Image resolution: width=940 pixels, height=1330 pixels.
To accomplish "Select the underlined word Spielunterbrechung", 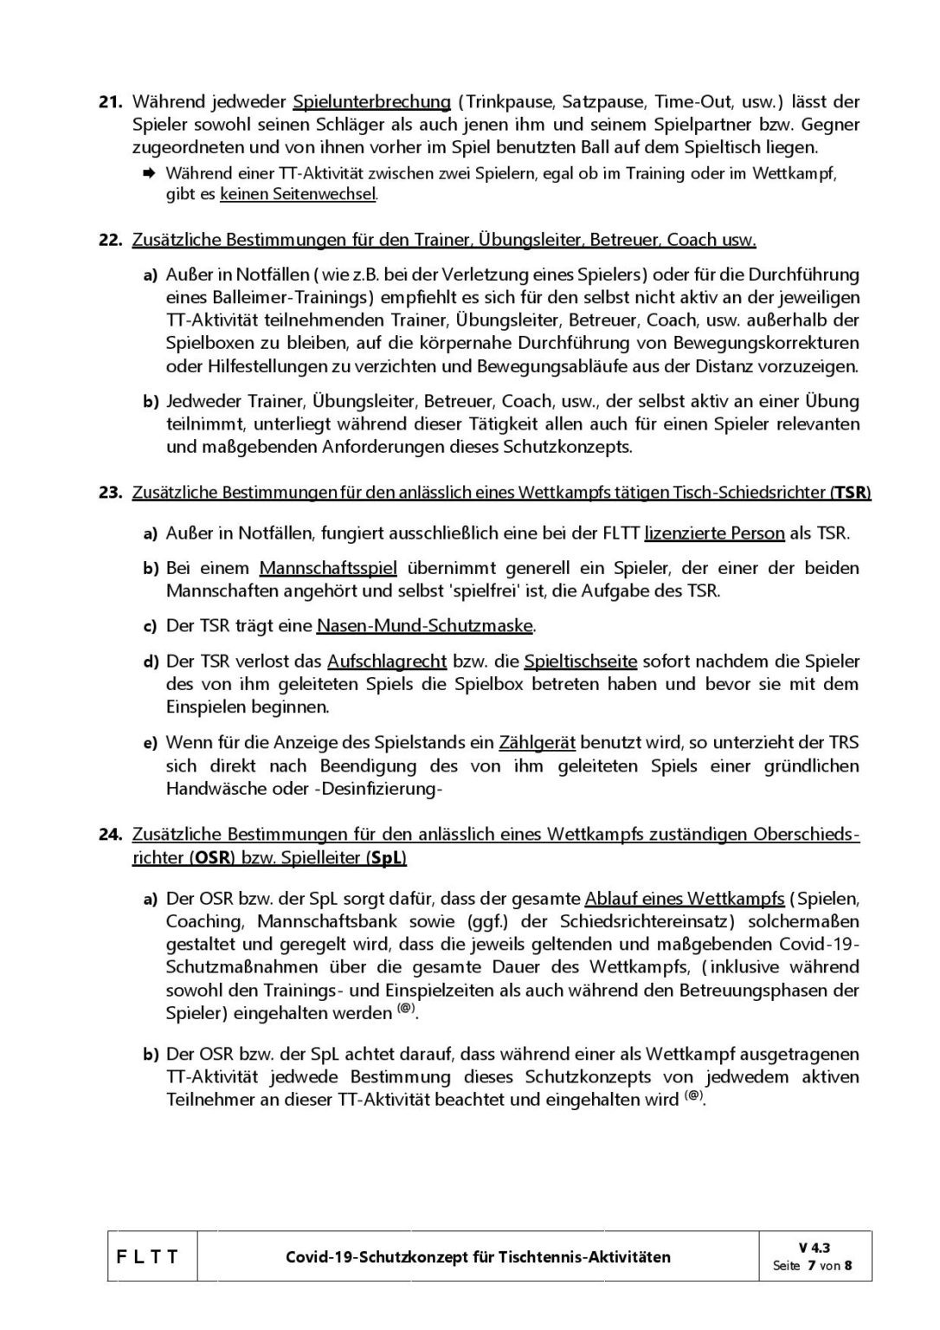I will [x=371, y=101].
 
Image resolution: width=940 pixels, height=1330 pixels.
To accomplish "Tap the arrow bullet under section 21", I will [x=149, y=173].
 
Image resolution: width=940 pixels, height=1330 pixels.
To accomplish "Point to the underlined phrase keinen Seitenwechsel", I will [x=298, y=195].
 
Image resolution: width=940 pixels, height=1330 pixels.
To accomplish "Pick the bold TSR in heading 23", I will [x=849, y=493].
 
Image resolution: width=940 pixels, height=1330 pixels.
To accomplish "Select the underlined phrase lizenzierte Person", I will [x=714, y=533].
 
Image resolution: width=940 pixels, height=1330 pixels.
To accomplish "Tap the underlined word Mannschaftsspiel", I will [x=328, y=569].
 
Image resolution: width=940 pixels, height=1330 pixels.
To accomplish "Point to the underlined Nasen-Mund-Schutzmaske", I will [x=425, y=626].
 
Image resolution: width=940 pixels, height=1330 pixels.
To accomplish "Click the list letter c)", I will [x=150, y=626].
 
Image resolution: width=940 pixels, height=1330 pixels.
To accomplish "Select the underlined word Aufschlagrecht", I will [x=387, y=662].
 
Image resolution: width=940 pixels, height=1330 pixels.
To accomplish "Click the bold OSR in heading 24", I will [x=211, y=858].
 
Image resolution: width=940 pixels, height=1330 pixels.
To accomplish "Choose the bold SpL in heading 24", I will [x=384, y=858].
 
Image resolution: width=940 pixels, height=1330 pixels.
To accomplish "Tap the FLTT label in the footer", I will [x=147, y=1256].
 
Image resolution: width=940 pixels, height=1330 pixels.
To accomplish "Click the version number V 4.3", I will [x=814, y=1248].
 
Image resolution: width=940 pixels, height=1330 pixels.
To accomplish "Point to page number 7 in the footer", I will [x=811, y=1265].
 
